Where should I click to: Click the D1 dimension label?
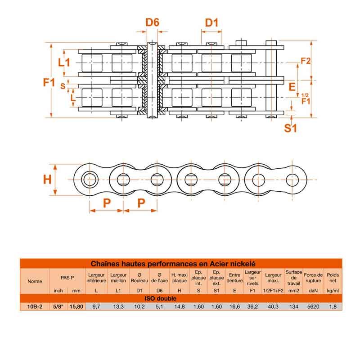(211, 22)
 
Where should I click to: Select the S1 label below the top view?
(291, 128)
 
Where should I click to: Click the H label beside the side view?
(47, 180)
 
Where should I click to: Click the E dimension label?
(292, 86)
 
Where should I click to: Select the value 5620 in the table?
(313, 306)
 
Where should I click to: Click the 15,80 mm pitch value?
(76, 306)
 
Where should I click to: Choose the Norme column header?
(35, 281)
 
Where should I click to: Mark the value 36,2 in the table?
(252, 306)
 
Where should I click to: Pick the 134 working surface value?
(293, 306)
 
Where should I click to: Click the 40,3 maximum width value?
(273, 306)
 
